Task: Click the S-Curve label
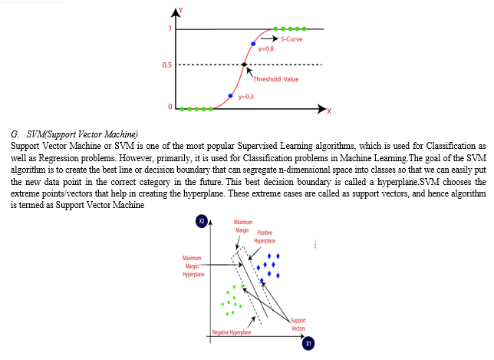(291, 39)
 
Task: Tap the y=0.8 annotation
(266, 49)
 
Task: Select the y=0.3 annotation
(246, 97)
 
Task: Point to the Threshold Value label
(275, 79)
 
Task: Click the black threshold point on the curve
(244, 64)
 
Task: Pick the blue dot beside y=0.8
(253, 44)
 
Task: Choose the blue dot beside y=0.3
(230, 96)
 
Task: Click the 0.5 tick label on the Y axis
(167, 65)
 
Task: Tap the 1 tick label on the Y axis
(170, 28)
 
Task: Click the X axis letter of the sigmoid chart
(329, 111)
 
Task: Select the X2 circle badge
(202, 220)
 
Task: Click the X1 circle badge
(308, 343)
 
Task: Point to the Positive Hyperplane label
(265, 236)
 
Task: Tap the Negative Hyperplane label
(232, 332)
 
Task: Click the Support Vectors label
(298, 325)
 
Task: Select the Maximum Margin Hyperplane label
(193, 266)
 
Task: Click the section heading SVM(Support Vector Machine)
(82, 134)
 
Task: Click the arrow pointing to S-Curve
(269, 38)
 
